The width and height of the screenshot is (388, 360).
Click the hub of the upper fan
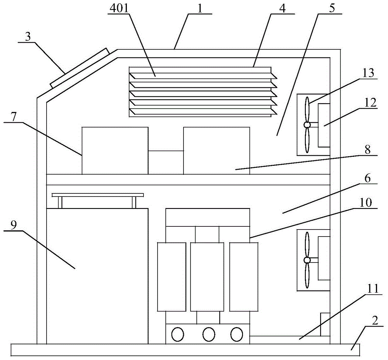click(307, 125)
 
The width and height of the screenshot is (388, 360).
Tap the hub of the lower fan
click(307, 260)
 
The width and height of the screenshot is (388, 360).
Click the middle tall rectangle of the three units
click(207, 277)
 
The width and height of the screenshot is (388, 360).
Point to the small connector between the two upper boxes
click(166, 162)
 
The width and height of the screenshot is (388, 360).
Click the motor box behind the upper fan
click(324, 125)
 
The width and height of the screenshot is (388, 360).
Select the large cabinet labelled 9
click(97, 276)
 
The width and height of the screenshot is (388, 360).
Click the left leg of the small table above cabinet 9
click(60, 202)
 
